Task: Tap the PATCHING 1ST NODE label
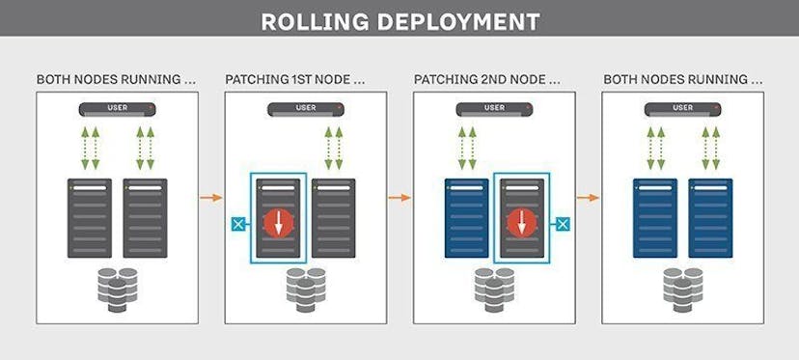294,78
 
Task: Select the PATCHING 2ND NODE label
486,78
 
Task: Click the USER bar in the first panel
117,107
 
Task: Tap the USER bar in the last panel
682,107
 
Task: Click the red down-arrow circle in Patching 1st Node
278,223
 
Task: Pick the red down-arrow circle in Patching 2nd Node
521,223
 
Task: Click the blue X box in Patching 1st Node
235,225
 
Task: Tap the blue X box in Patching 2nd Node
564,225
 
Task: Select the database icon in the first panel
117,287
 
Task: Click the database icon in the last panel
682,287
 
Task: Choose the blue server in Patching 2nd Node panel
467,218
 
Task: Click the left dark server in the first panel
90,218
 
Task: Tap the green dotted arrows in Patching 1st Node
334,145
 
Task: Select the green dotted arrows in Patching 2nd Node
467,145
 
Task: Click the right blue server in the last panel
710,218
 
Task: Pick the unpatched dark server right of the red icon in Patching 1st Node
334,218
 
